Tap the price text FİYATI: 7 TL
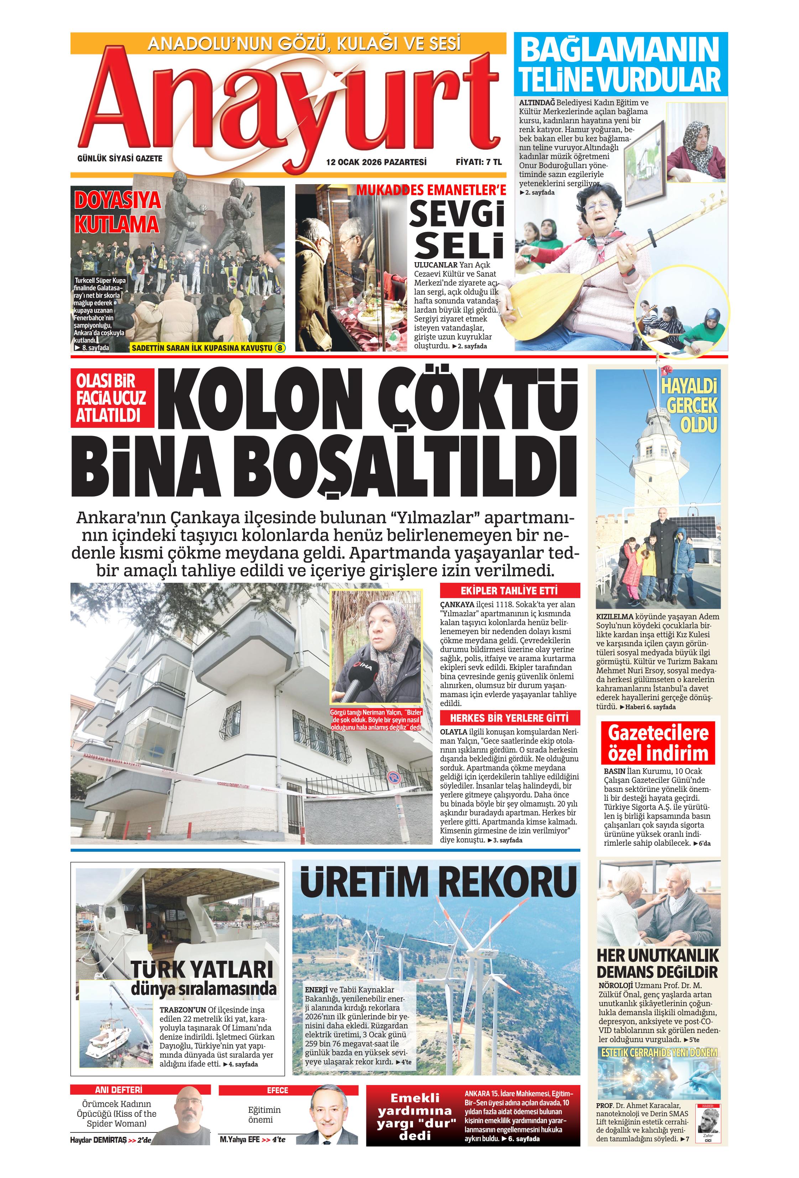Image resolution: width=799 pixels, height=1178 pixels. click(x=478, y=162)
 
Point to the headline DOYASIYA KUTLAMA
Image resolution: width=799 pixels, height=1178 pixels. click(x=117, y=212)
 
